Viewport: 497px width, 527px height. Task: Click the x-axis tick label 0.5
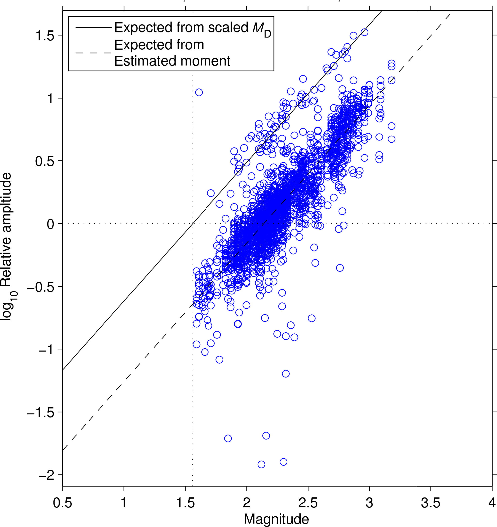coord(63,503)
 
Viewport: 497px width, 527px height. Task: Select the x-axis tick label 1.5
coord(185,503)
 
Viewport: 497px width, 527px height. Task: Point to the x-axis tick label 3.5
coord(430,503)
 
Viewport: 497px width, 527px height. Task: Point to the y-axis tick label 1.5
coord(44,36)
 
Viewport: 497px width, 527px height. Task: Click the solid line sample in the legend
coord(93,28)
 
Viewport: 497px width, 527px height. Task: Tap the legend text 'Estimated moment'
coord(172,61)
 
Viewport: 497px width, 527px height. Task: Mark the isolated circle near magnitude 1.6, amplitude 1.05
coord(199,92)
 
